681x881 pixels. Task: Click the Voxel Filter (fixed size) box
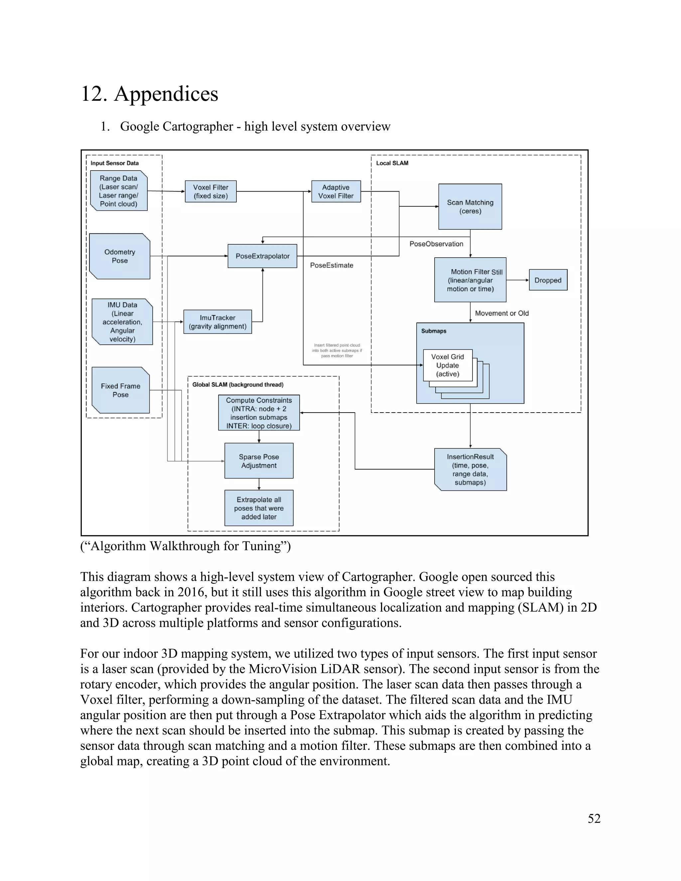pyautogui.click(x=210, y=191)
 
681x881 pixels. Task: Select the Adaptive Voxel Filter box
pyautogui.click(x=336, y=191)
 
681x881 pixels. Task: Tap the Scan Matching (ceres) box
pyautogui.click(x=470, y=206)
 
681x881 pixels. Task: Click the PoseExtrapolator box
pyautogui.click(x=262, y=256)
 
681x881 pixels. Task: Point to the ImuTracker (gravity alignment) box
pyautogui.click(x=217, y=322)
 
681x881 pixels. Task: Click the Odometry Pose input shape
pyautogui.click(x=119, y=256)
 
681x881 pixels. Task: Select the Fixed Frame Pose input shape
pyautogui.click(x=120, y=390)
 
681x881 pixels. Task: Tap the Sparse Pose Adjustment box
pyautogui.click(x=259, y=461)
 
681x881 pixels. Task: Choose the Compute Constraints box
pyautogui.click(x=259, y=413)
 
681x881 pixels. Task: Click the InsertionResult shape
pyautogui.click(x=470, y=469)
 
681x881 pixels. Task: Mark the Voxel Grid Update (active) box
pyautogui.click(x=448, y=365)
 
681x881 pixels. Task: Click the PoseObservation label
pyautogui.click(x=436, y=244)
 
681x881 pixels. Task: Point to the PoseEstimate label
pyautogui.click(x=331, y=265)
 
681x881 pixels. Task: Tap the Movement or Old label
pyautogui.click(x=501, y=314)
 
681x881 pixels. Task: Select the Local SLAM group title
pyautogui.click(x=392, y=163)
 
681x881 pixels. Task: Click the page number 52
pyautogui.click(x=594, y=818)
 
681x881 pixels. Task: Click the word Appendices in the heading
pyautogui.click(x=166, y=94)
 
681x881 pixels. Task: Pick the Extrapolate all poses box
pyautogui.click(x=259, y=508)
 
